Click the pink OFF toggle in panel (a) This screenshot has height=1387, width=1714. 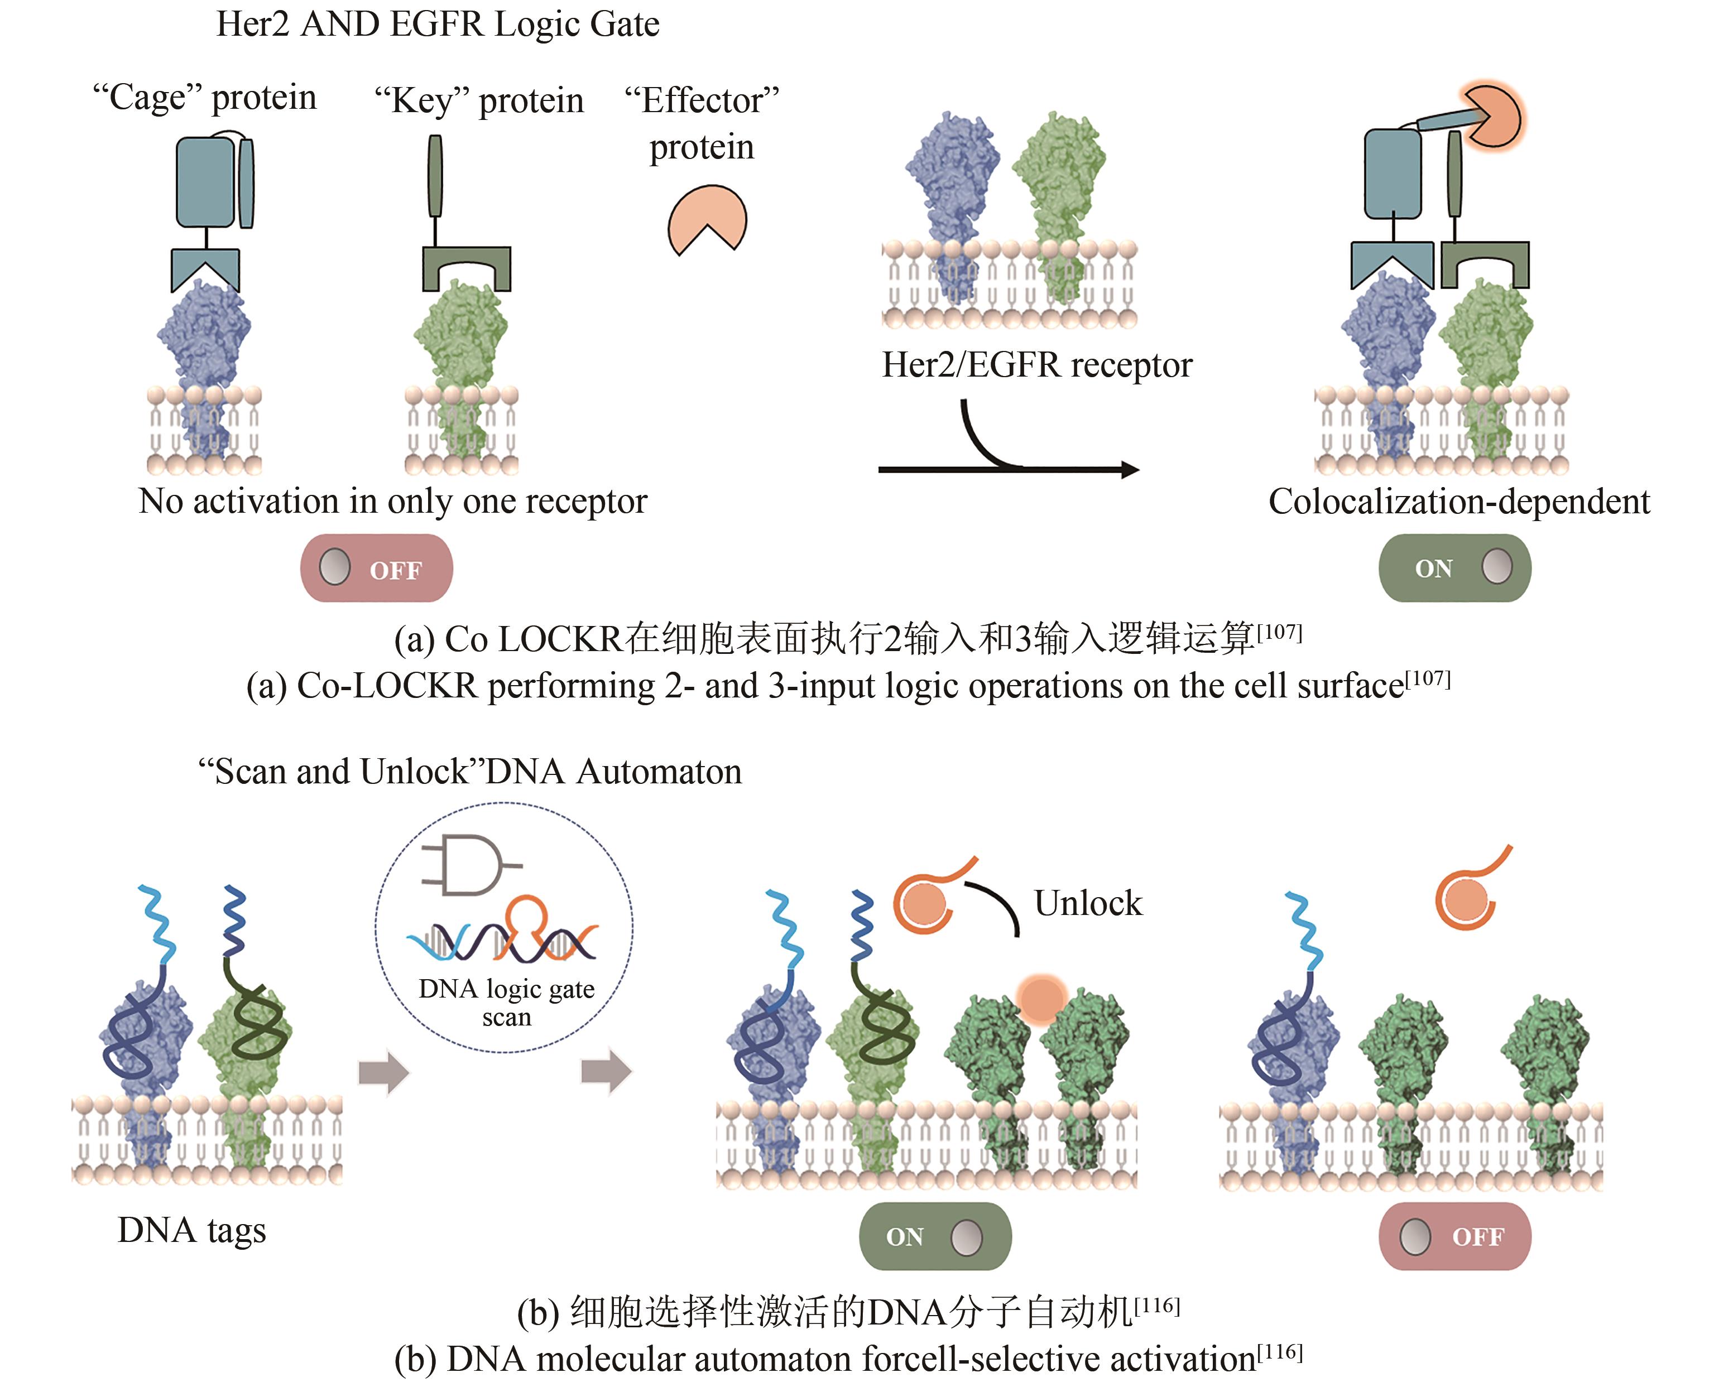[376, 568]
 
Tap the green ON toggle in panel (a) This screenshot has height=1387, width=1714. [1454, 568]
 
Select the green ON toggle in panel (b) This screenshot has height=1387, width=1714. [935, 1236]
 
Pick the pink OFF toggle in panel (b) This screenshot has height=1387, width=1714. [1454, 1236]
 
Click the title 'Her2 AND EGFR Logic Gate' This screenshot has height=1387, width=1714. [438, 24]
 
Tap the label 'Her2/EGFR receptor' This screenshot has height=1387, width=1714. [1036, 364]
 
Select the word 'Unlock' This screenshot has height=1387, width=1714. [1088, 903]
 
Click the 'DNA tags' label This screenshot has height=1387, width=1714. [192, 1230]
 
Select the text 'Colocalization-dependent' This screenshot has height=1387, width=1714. [1459, 502]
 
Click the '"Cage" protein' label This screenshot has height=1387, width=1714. [205, 98]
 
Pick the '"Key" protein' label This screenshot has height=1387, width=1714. [479, 100]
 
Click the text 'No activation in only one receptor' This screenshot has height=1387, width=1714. [392, 502]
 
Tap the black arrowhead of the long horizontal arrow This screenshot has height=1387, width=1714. [1129, 469]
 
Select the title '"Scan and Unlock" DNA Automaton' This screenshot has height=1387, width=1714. [470, 772]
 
